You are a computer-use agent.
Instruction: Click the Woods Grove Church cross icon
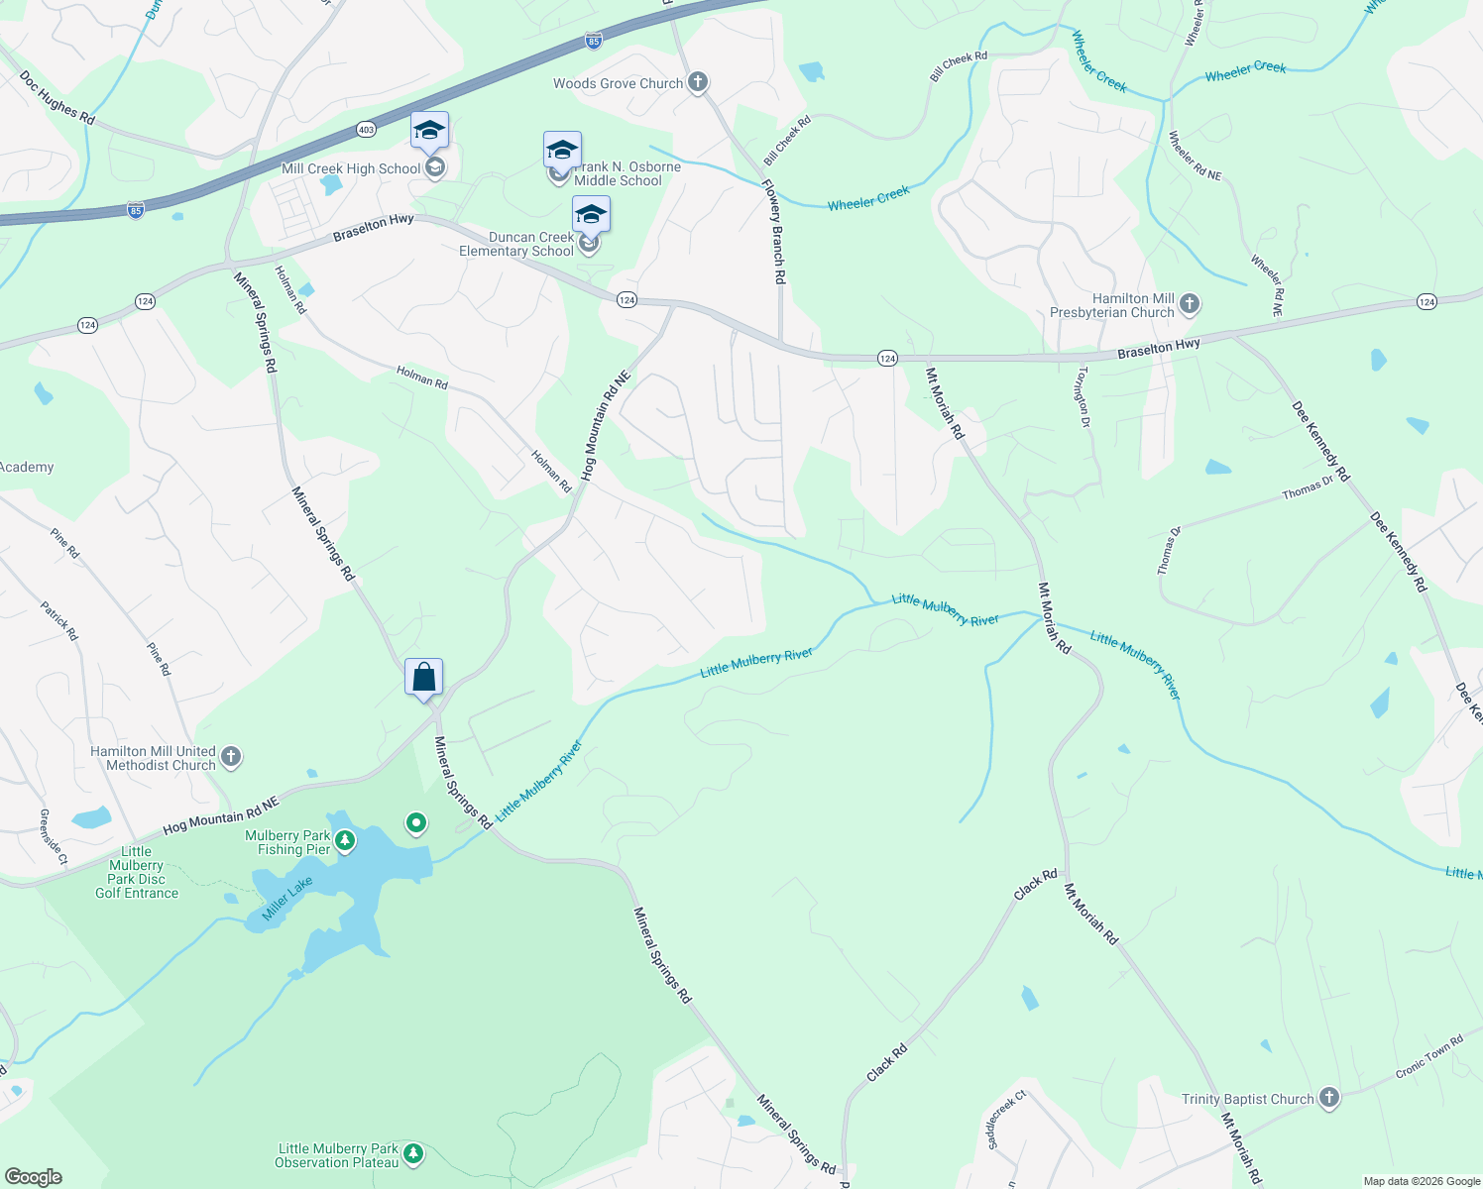[698, 82]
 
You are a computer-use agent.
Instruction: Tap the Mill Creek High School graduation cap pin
[430, 131]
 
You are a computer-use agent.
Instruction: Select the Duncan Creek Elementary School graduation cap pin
[591, 215]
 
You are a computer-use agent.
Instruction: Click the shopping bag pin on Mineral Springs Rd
[423, 678]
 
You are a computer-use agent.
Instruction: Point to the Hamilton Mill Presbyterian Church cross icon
[1190, 305]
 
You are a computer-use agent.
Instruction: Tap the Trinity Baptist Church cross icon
[1329, 1098]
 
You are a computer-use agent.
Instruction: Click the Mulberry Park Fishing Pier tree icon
[345, 842]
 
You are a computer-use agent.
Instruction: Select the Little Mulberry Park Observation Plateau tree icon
[413, 1154]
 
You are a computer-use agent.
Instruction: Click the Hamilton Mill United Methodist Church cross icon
[230, 758]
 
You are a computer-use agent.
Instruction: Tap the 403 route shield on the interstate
[366, 130]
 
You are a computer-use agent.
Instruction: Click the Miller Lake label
[287, 898]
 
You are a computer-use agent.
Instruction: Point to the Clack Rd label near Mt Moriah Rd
[1035, 885]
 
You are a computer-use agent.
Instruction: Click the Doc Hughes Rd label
[57, 97]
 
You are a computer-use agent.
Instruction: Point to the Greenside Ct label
[54, 837]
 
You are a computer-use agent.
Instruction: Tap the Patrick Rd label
[59, 620]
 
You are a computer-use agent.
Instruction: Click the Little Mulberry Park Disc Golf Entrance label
[137, 872]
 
